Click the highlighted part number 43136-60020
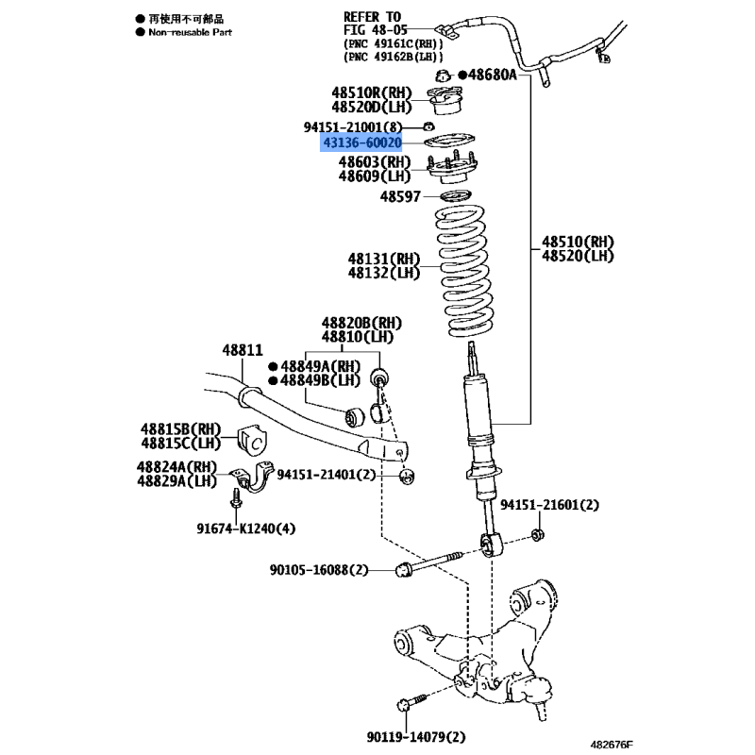[362, 143]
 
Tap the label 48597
[400, 196]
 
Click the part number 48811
[243, 350]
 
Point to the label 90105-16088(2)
[319, 570]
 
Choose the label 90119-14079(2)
[416, 737]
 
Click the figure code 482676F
[612, 745]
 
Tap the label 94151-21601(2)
[549, 505]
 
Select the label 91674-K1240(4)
[245, 528]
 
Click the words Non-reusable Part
[191, 32]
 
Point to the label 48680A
[492, 75]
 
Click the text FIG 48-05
[375, 30]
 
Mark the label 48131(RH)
[384, 259]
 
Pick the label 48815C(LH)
[180, 443]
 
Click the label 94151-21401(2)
[326, 475]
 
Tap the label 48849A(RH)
[320, 366]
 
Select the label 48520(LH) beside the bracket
[578, 256]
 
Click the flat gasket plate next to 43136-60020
[449, 141]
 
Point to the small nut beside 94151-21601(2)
[538, 534]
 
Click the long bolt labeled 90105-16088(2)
[428, 563]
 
